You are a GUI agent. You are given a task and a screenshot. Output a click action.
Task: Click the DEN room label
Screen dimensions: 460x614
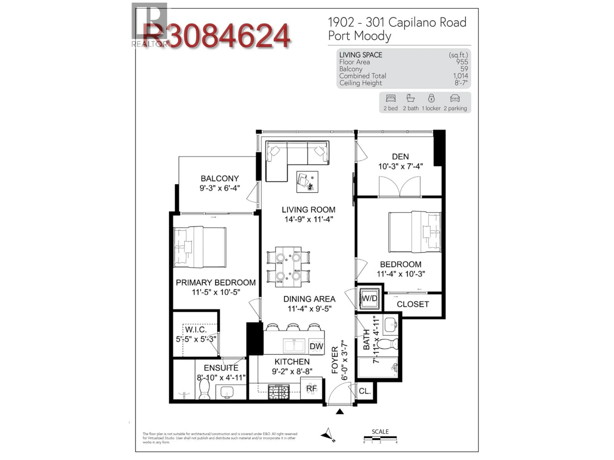(x=400, y=157)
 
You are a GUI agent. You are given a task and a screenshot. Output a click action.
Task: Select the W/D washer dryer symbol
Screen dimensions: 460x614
(x=370, y=299)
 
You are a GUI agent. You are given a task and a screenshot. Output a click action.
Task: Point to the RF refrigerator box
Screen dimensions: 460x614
(x=311, y=389)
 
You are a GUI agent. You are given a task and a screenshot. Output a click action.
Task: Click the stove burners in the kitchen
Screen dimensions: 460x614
(x=279, y=392)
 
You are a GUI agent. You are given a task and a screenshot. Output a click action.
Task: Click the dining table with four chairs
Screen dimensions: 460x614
(x=288, y=267)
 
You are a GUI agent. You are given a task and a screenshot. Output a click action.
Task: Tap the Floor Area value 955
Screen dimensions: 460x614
(x=462, y=62)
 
